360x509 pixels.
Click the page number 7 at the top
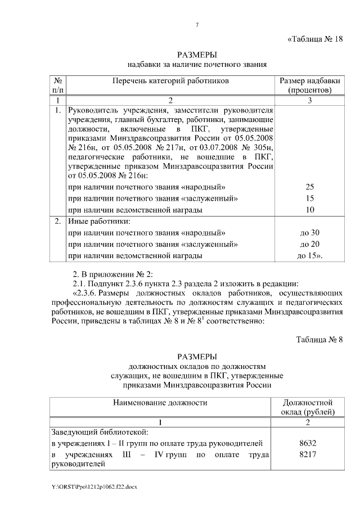click(197, 24)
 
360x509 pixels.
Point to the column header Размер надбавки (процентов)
click(309, 85)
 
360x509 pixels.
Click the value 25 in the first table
click(309, 187)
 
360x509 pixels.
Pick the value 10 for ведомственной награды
click(309, 210)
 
